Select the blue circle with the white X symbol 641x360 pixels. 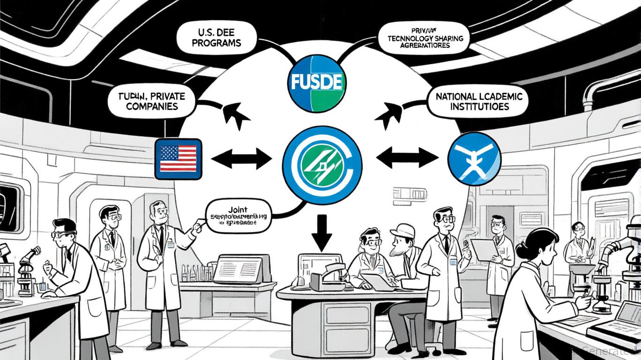[x=474, y=158]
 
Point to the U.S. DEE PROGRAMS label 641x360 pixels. [x=216, y=37]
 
